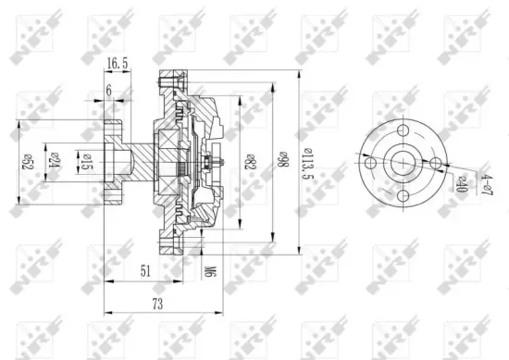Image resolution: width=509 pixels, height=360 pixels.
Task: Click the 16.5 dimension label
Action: point(117,64)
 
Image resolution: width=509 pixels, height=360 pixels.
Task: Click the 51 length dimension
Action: point(146,271)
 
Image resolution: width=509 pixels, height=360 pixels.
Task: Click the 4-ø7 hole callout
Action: point(482,182)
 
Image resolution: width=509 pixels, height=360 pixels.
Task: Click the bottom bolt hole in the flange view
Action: point(404,197)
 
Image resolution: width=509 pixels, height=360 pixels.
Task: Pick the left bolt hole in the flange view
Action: point(371,164)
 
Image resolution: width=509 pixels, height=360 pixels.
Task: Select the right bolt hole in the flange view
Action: point(438,164)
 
